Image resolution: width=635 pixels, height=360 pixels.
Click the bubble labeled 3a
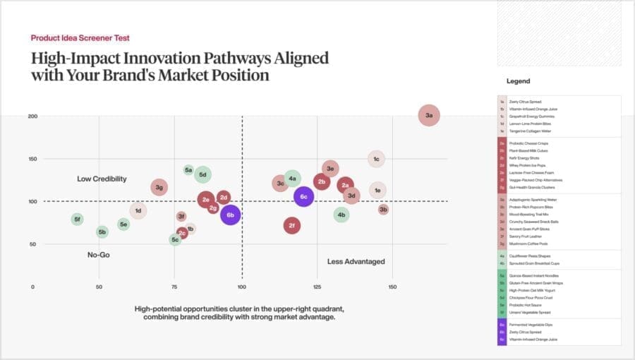[429, 115]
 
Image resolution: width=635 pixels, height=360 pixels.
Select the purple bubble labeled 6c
[303, 196]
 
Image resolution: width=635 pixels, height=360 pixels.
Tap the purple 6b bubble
[231, 215]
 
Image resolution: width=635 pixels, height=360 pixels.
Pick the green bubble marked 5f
[77, 220]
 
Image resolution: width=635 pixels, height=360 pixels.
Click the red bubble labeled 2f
[292, 226]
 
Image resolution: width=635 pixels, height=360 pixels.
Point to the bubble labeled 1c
[377, 159]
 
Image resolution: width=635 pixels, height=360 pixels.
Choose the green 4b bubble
[341, 215]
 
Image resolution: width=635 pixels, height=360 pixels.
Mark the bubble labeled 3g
[159, 187]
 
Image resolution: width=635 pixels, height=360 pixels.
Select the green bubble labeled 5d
[203, 174]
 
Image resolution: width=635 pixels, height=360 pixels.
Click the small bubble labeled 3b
[383, 209]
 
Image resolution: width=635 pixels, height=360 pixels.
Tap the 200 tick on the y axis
[32, 116]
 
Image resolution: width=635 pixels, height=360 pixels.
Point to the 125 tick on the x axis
[317, 287]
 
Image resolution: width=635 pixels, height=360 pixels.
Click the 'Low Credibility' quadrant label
[102, 179]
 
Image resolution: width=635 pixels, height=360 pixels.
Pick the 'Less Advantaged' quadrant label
[356, 262]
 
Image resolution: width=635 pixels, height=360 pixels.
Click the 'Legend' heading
[518, 81]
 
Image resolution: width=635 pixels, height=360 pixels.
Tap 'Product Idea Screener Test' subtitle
[80, 37]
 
